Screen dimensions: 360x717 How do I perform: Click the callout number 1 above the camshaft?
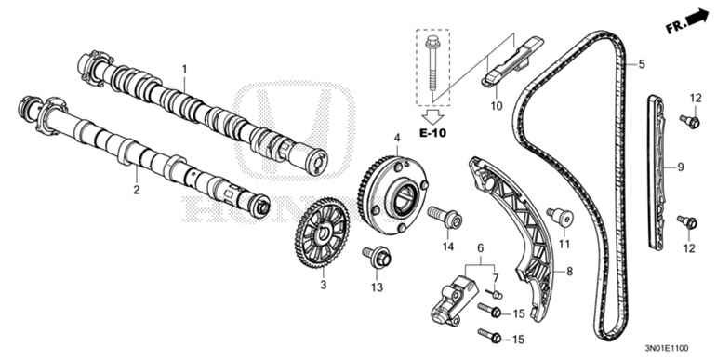pos(184,70)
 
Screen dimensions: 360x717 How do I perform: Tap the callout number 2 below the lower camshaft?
pos(136,191)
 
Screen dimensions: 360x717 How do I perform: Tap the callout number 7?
pos(495,278)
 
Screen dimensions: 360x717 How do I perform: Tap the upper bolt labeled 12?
pos(689,120)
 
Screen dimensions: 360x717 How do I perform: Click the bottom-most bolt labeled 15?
pos(492,336)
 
